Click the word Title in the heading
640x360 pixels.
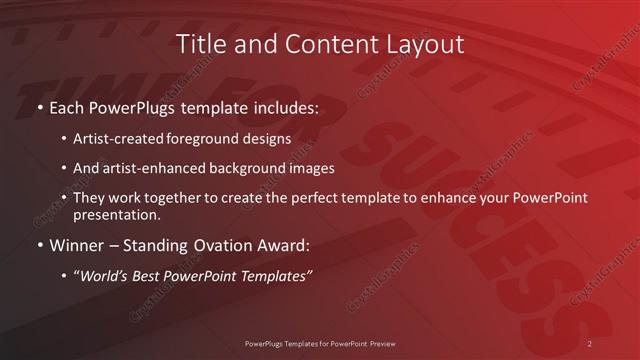point(199,44)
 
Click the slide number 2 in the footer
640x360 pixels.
point(590,343)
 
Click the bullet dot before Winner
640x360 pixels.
point(38,245)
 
